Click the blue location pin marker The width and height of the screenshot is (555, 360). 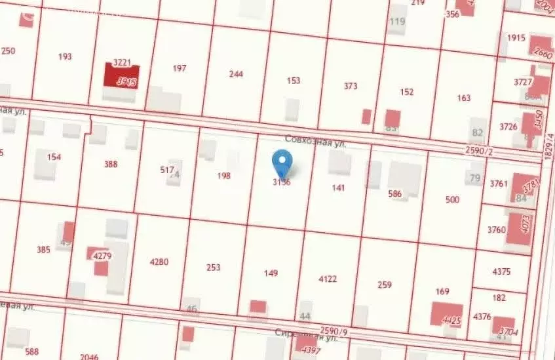click(x=282, y=161)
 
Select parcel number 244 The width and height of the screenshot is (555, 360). click(x=237, y=74)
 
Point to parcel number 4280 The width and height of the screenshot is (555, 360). click(x=159, y=262)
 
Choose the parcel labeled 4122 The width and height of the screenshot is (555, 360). click(x=328, y=279)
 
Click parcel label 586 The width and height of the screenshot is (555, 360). click(x=394, y=194)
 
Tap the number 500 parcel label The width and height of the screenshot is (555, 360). click(x=452, y=199)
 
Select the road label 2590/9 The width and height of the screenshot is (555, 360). click(x=334, y=330)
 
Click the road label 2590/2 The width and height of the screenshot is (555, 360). click(x=478, y=151)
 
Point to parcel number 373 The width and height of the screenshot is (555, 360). click(x=351, y=86)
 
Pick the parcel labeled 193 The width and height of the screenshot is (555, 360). click(x=65, y=57)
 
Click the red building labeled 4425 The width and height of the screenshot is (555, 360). click(x=448, y=315)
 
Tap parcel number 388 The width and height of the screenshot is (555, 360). click(x=111, y=165)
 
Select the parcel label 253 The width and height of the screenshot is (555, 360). click(x=214, y=268)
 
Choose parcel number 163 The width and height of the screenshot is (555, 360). click(x=464, y=98)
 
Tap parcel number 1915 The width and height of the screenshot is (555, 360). click(x=516, y=37)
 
